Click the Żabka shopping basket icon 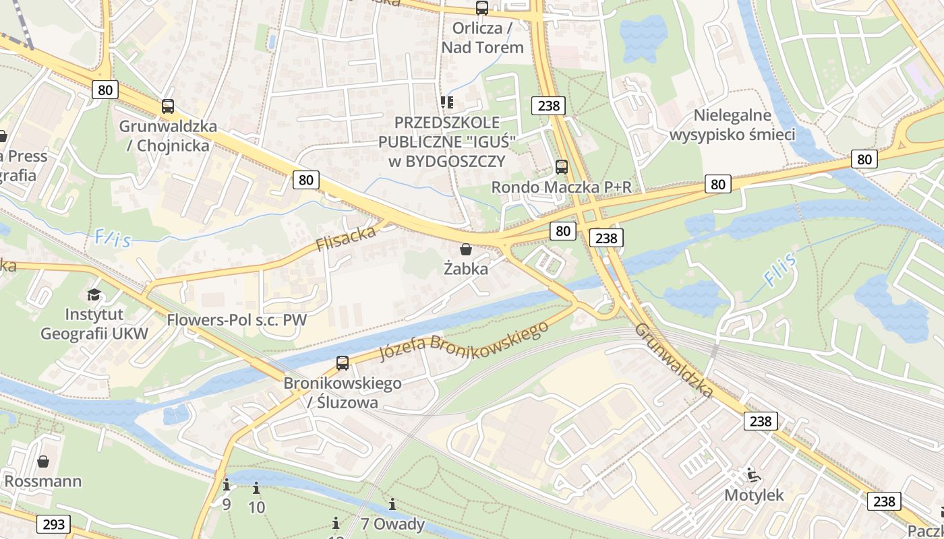(465, 249)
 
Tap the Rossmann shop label (43, 481)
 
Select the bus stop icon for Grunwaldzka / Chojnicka (168, 106)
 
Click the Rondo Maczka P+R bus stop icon (561, 167)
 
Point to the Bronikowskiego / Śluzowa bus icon (343, 363)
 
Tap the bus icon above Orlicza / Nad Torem (481, 8)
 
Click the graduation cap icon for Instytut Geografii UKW (94, 294)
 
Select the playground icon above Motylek (754, 476)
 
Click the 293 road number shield (53, 524)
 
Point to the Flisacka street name (346, 238)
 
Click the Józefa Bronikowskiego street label (463, 342)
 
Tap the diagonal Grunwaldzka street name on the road (674, 360)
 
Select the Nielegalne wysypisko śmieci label (732, 125)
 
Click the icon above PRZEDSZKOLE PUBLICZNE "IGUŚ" (446, 102)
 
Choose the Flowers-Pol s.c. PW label (237, 319)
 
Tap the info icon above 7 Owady (392, 504)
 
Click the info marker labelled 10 (256, 488)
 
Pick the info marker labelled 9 (227, 485)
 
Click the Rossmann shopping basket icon (43, 462)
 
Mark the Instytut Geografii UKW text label (94, 324)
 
